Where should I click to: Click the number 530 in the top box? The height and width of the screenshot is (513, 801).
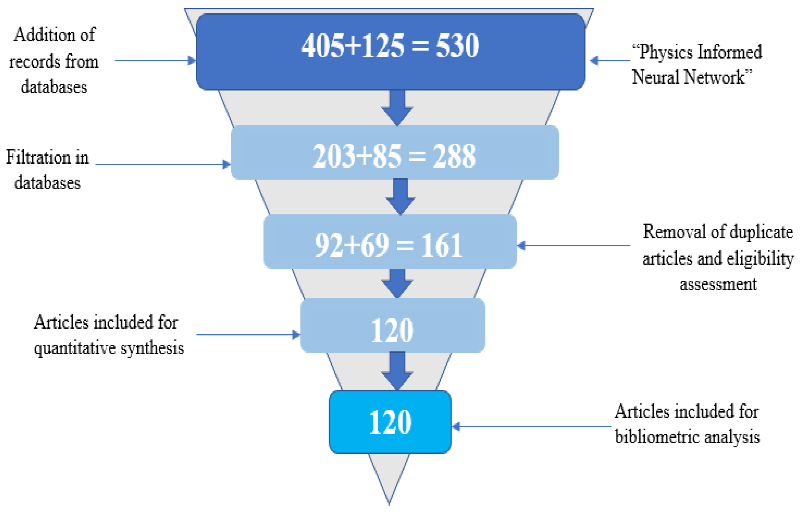[x=457, y=46]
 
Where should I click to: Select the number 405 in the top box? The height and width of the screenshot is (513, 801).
[x=323, y=46]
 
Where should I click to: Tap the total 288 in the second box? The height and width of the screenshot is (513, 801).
[x=454, y=156]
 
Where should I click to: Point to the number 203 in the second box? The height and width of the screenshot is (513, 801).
[x=334, y=156]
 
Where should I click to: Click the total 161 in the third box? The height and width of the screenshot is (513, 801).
[x=442, y=246]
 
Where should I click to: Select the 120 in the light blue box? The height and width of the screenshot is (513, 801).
[x=392, y=331]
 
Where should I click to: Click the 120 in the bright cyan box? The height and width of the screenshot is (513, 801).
[x=390, y=422]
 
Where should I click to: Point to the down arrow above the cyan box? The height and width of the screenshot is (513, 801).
[x=397, y=371]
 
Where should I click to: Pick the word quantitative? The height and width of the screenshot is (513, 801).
[x=75, y=349]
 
